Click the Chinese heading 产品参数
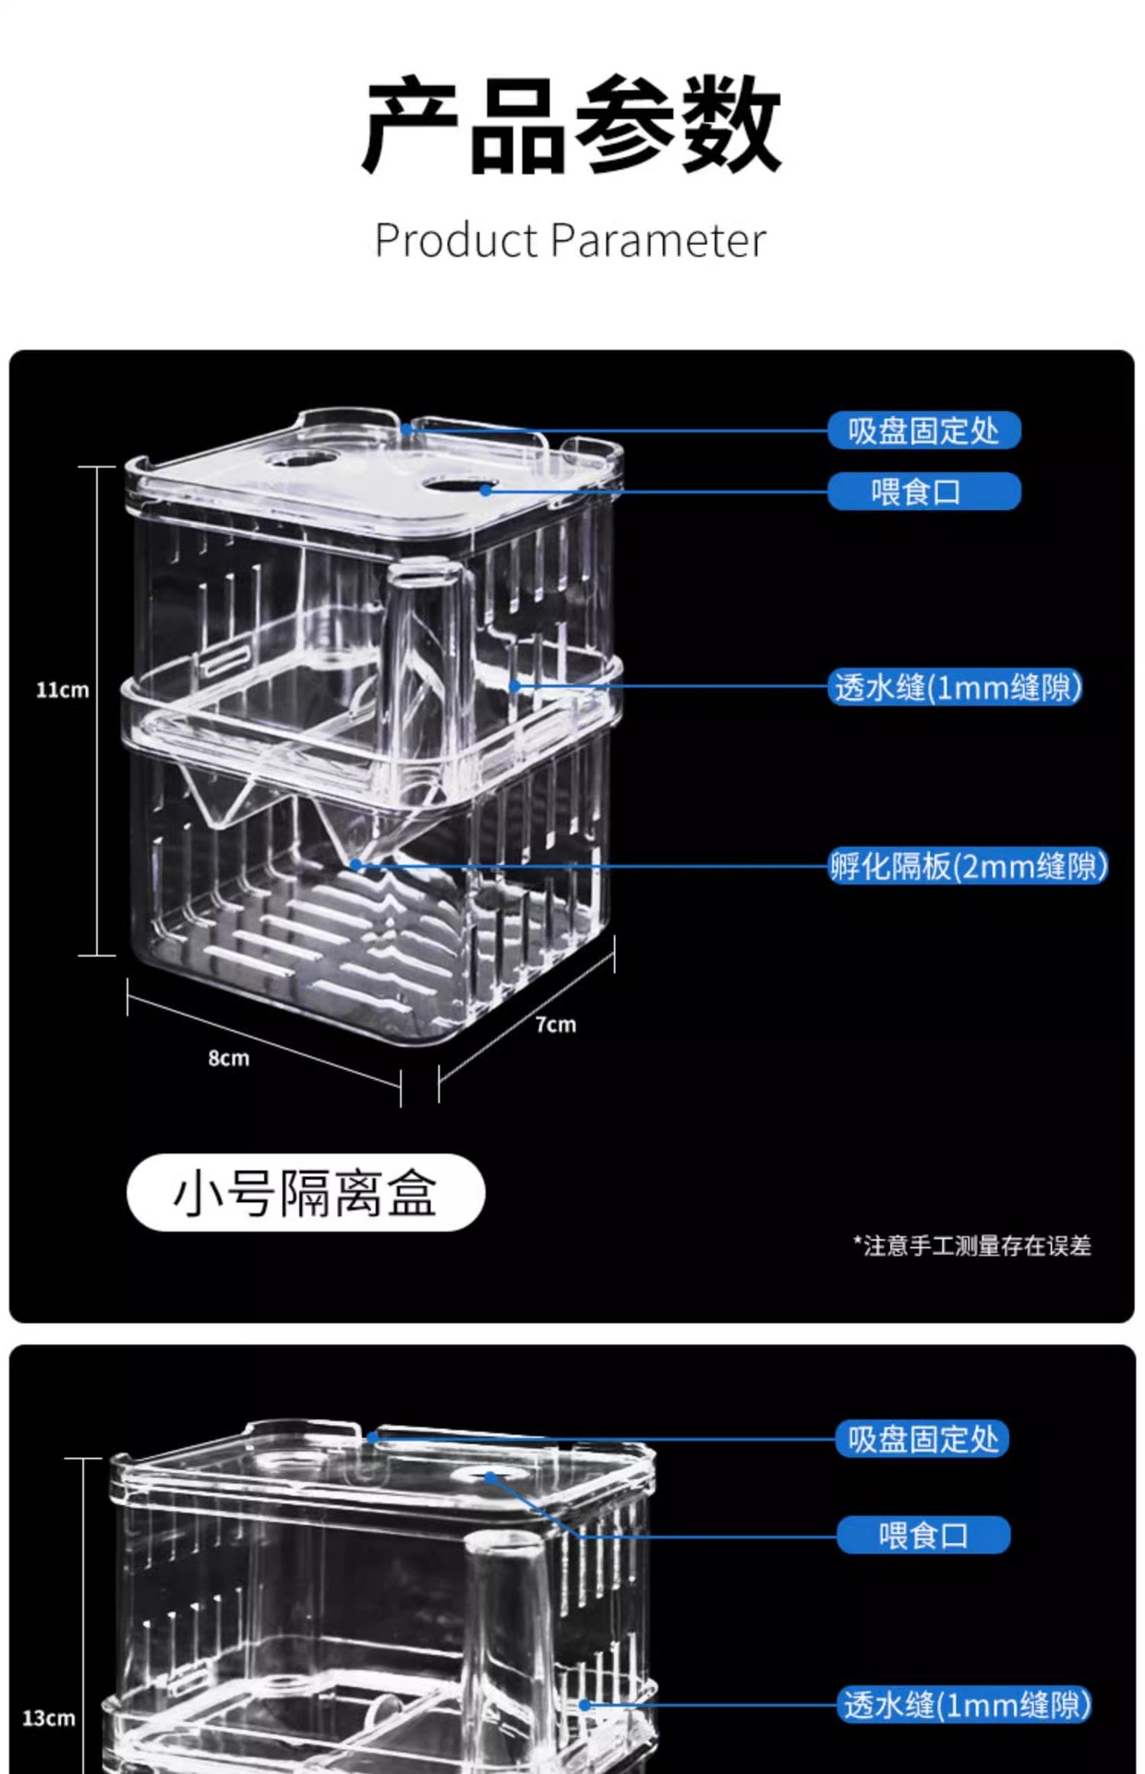572,125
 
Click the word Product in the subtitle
456,241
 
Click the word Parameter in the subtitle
658,241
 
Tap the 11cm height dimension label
63,690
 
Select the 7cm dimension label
555,1025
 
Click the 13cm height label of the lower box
49,1719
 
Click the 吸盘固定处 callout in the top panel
923,431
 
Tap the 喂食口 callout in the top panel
923,492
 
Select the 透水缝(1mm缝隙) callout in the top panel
957,687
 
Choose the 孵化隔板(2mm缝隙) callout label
968,867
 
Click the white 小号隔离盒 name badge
306,1193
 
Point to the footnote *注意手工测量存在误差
972,1245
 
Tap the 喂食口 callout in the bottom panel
923,1536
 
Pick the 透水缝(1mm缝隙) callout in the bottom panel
966,1705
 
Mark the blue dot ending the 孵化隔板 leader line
356,865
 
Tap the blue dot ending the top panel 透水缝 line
515,687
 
